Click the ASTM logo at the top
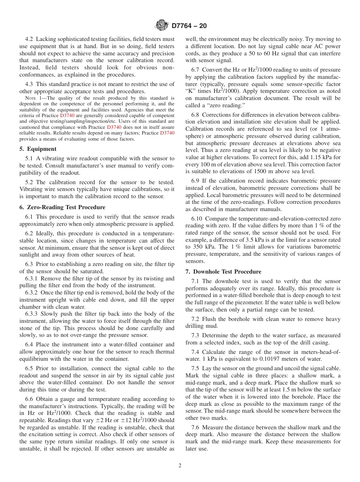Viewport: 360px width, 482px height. click(162, 26)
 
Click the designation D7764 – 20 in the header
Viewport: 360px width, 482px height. click(189, 26)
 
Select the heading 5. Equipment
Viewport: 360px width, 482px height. click(38, 149)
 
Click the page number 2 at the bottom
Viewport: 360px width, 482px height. click(180, 466)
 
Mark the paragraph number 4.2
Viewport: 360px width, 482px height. click(30, 39)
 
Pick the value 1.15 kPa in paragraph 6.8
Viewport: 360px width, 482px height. click(318, 158)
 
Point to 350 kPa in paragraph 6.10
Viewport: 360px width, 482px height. click(202, 247)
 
